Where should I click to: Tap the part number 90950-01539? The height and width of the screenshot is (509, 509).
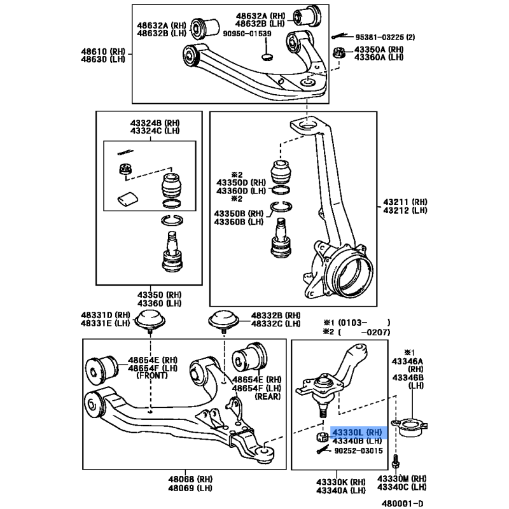(247, 34)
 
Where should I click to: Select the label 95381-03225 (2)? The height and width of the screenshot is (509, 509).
(385, 38)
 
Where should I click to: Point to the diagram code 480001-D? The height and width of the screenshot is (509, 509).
(402, 503)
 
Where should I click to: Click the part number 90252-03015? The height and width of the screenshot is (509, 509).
(358, 451)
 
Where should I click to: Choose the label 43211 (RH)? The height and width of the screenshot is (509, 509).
(405, 202)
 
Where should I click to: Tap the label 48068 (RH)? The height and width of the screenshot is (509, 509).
(190, 479)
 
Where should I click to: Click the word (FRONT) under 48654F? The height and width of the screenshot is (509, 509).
(152, 375)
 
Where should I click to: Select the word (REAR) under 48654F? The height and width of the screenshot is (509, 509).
(267, 396)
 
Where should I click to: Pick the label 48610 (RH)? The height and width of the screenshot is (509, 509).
(103, 52)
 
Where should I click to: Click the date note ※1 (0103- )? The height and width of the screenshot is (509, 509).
(356, 323)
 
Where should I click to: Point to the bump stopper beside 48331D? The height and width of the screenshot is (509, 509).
(150, 320)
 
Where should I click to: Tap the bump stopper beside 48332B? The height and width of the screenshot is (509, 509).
(224, 320)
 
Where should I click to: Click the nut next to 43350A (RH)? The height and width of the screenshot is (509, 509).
(339, 53)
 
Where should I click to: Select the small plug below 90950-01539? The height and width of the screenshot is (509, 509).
(267, 57)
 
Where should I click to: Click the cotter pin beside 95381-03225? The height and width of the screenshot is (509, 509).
(339, 36)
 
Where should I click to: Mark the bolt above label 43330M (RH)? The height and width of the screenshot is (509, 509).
(396, 462)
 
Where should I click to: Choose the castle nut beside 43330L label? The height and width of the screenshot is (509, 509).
(323, 437)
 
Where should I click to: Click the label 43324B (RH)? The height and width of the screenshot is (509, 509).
(155, 123)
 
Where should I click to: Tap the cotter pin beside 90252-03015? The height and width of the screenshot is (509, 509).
(324, 450)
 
